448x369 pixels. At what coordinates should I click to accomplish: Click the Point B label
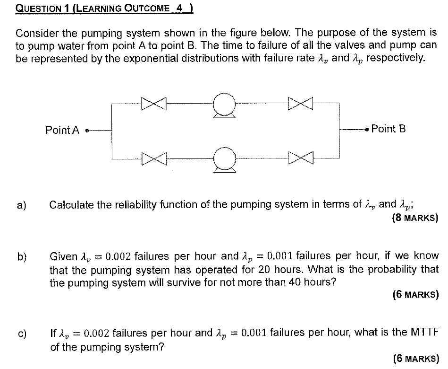[389, 129]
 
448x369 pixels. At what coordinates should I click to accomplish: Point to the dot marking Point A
[87, 130]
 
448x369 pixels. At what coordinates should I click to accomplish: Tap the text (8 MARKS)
[415, 219]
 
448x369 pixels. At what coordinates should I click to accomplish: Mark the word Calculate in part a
[71, 205]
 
